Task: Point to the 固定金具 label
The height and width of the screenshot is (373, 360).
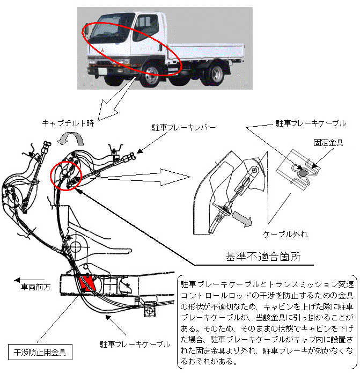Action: (x=329, y=142)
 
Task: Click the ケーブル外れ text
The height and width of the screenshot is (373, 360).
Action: (x=285, y=235)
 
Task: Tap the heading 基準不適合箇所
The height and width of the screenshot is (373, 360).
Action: (x=262, y=257)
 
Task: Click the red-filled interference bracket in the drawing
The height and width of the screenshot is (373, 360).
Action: (x=86, y=283)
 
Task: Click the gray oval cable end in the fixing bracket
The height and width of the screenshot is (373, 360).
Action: (x=303, y=173)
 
